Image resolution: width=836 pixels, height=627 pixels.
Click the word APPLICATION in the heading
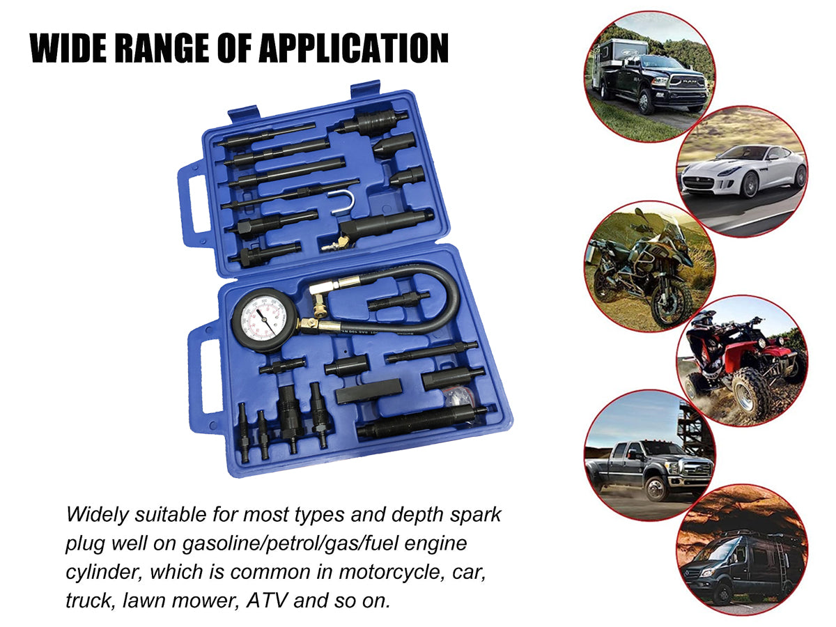tap(353, 48)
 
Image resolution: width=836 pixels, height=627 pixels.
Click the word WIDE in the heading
tap(67, 48)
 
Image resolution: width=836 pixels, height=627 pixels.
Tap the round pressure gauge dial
tap(264, 319)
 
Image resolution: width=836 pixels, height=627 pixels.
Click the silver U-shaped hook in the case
tap(341, 202)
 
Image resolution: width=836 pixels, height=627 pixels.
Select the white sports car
tap(743, 171)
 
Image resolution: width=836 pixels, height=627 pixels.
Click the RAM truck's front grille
tap(688, 82)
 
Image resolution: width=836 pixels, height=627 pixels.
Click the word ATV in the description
tap(266, 601)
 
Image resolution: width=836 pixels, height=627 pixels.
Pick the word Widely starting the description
tap(98, 515)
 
